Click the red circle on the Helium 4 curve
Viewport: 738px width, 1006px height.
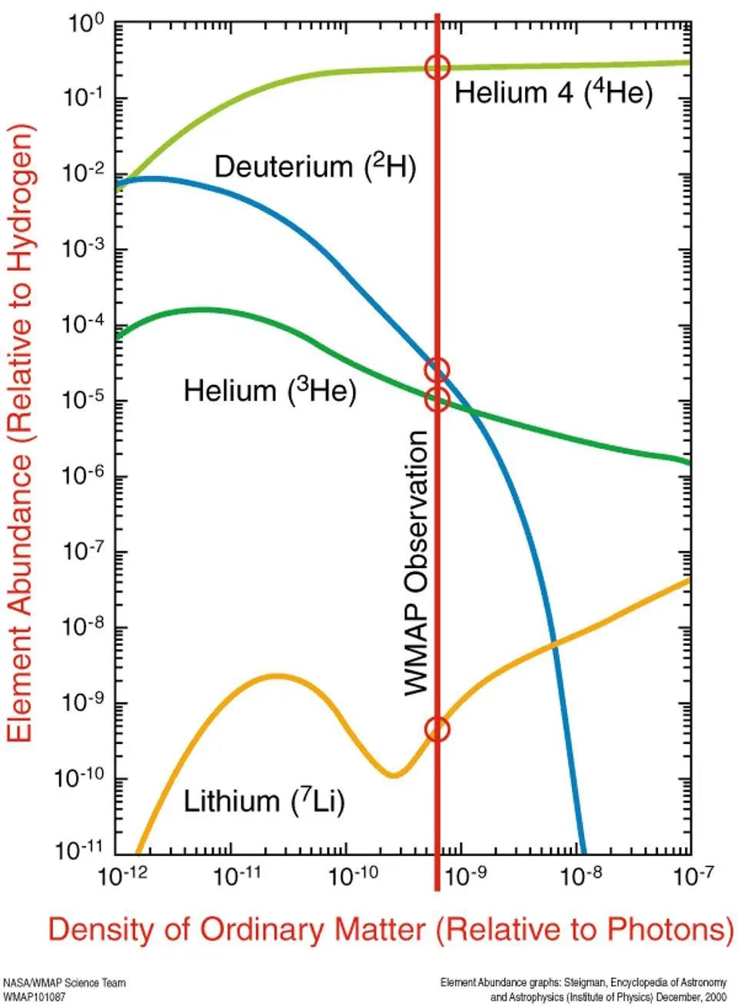click(x=437, y=67)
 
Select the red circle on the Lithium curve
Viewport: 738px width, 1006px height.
click(x=437, y=729)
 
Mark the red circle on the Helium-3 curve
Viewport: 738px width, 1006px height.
click(x=437, y=399)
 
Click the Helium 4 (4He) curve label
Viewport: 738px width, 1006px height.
click(x=553, y=93)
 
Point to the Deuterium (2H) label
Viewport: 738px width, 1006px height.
click(x=314, y=166)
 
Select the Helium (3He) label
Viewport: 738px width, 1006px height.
click(x=269, y=391)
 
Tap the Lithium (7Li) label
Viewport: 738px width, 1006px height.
click(x=264, y=802)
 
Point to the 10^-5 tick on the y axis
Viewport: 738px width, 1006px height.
click(x=81, y=400)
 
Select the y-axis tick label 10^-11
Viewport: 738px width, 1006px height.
click(x=80, y=849)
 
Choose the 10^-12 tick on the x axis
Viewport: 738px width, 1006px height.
click(x=121, y=875)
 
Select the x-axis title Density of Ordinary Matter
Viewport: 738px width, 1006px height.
click(x=391, y=929)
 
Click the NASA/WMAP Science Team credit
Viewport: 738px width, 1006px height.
click(x=65, y=983)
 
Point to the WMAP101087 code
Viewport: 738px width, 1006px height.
click(x=35, y=996)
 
